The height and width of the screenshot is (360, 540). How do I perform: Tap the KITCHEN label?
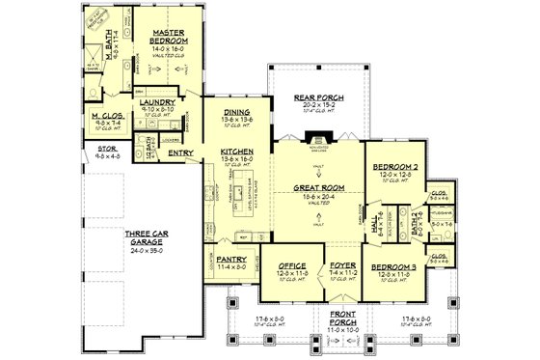coord(236,152)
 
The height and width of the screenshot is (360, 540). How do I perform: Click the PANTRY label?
coord(232,259)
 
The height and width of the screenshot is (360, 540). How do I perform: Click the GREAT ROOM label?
coord(317,189)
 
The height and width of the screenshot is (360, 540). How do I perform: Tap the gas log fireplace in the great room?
coord(318,136)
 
